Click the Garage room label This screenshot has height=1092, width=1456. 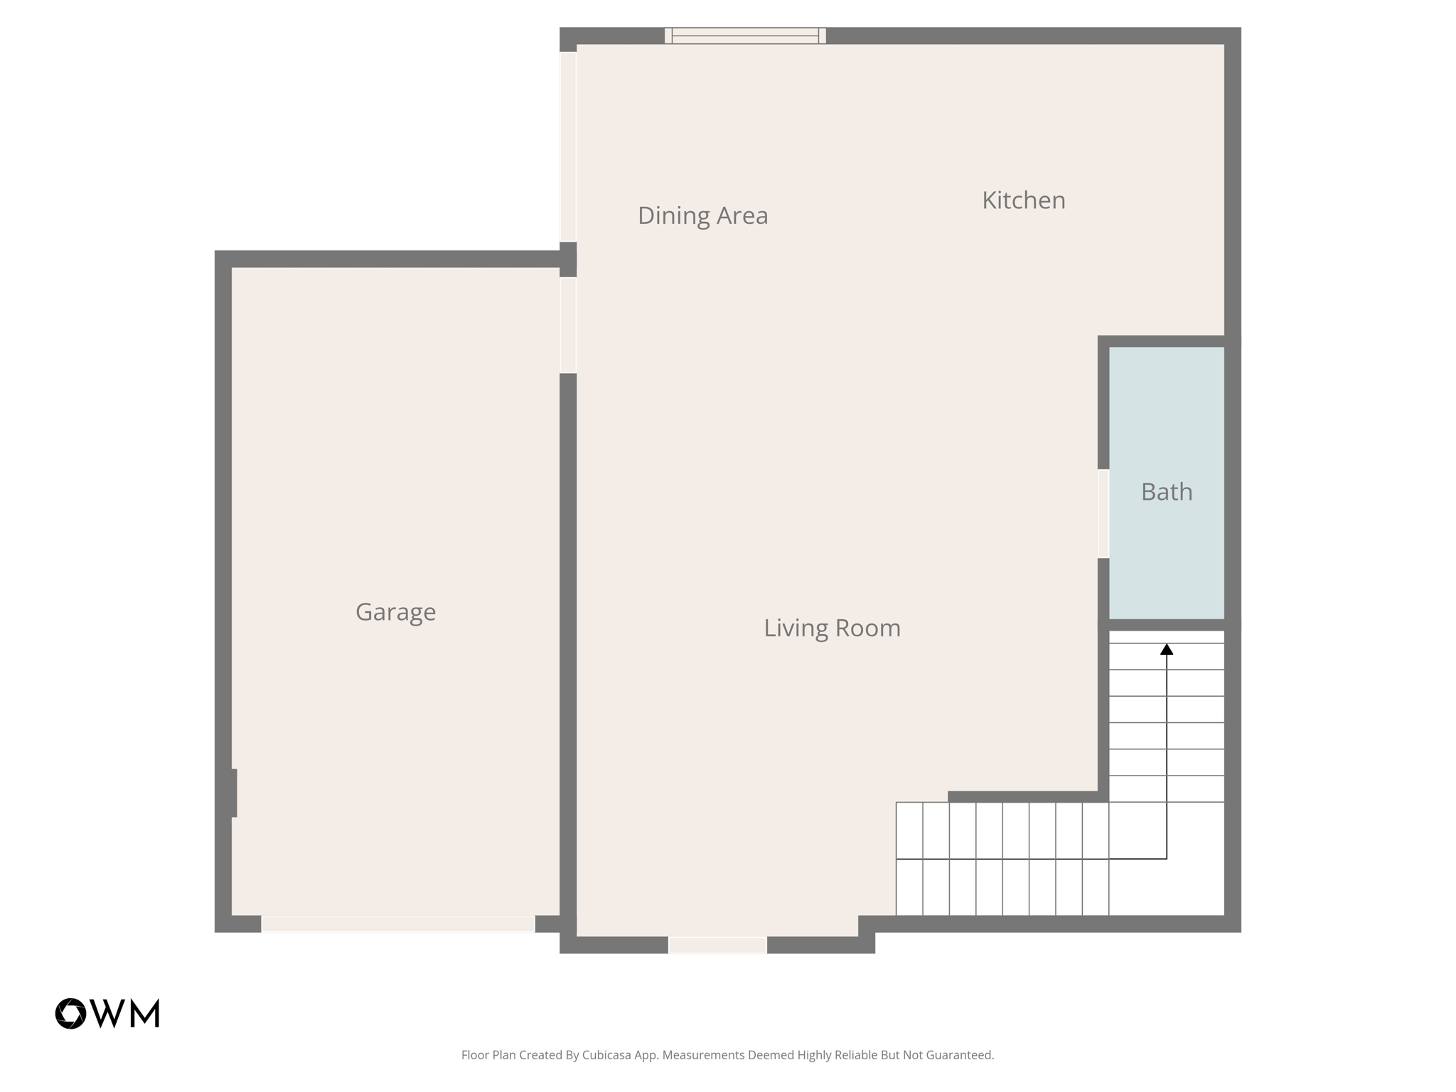395,612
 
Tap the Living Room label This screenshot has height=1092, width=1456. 832,628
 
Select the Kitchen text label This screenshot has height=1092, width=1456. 1023,200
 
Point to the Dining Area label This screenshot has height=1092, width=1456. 702,215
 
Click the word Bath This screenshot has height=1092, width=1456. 1166,492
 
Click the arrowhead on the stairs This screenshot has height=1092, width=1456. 1167,649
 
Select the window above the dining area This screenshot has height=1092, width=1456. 745,36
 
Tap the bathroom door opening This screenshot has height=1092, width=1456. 1103,513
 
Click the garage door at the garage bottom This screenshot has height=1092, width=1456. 398,924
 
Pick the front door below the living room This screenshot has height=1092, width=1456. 717,945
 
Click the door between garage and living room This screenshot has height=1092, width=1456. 568,325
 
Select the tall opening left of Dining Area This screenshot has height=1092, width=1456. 568,146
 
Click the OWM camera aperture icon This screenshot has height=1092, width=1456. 71,1014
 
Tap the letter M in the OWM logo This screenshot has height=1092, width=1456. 146,1014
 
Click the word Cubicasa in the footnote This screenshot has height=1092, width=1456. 608,1055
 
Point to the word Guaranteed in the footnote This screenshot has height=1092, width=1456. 959,1055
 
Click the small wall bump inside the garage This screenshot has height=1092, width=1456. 234,793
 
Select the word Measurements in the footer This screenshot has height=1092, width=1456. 703,1055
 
